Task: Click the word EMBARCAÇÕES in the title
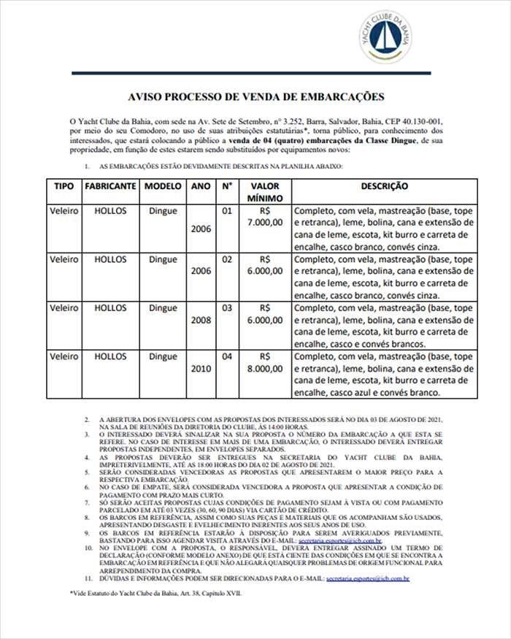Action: click(x=341, y=96)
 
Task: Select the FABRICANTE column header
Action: click(x=110, y=186)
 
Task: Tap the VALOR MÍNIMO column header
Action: click(x=264, y=192)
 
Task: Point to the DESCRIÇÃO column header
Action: click(x=384, y=186)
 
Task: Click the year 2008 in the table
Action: click(x=201, y=320)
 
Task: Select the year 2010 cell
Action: click(x=201, y=369)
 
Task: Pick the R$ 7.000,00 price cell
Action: click(x=264, y=217)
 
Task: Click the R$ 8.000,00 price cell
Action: click(x=264, y=363)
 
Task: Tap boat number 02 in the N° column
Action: click(x=227, y=259)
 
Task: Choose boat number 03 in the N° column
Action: click(x=227, y=308)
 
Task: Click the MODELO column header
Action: click(x=163, y=186)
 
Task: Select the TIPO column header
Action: click(x=64, y=186)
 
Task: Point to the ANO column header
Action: click(x=201, y=186)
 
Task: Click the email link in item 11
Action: click(x=368, y=578)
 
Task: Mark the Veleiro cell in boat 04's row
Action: click(x=64, y=357)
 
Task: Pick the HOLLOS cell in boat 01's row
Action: click(x=110, y=211)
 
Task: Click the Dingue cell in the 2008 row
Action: click(x=163, y=308)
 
